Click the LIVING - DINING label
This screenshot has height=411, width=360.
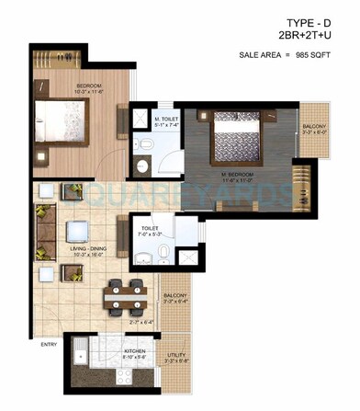[x=78, y=241]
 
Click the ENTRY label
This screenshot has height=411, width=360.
[x=23, y=345]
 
